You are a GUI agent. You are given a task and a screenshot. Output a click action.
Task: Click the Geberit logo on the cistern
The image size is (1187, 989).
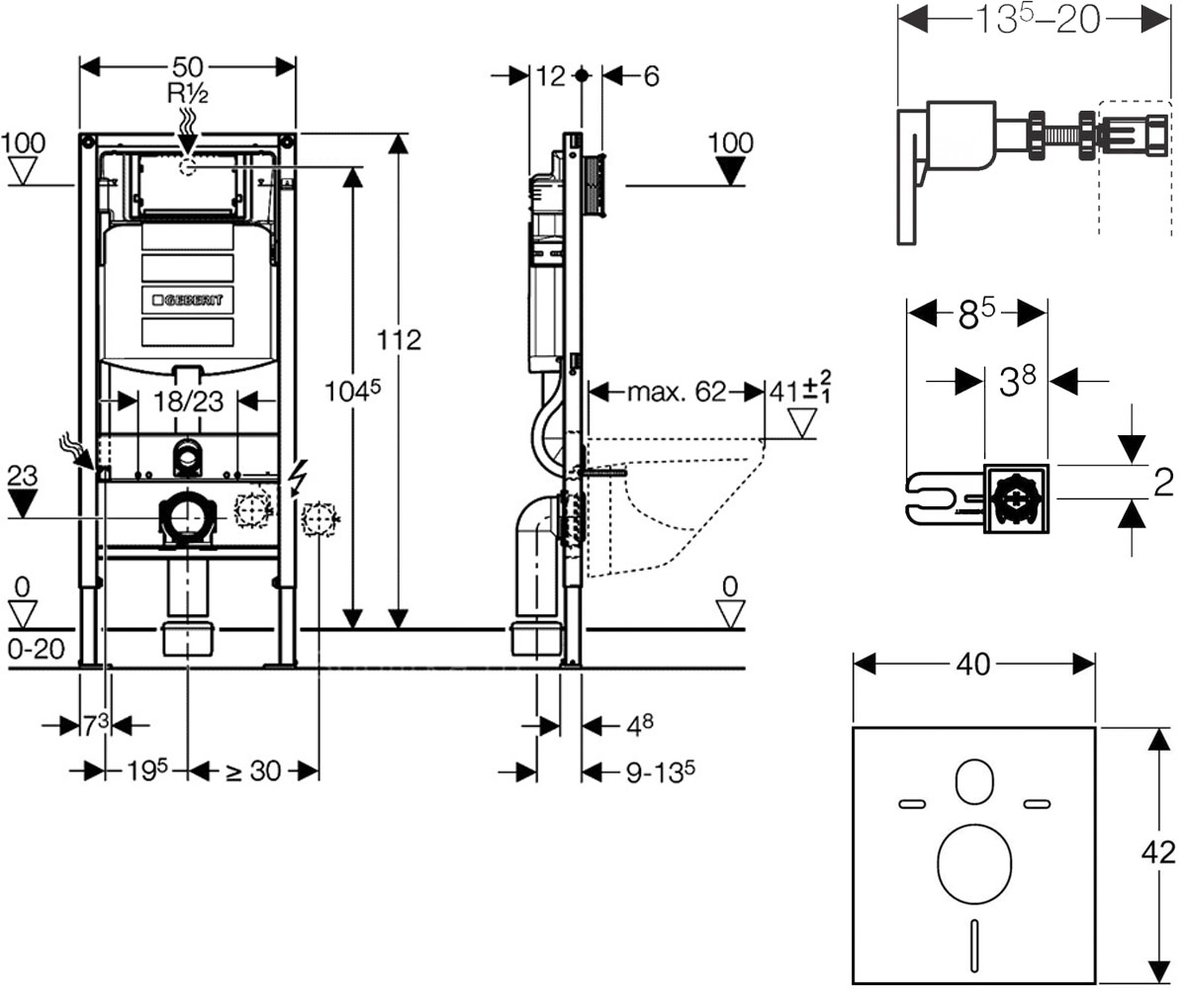click(x=188, y=300)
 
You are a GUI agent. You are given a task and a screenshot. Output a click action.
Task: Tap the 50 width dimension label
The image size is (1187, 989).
click(x=187, y=67)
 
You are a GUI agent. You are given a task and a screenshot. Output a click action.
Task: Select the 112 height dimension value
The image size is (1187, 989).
click(x=399, y=340)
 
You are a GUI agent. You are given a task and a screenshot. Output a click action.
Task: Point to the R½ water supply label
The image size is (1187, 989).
click(x=188, y=93)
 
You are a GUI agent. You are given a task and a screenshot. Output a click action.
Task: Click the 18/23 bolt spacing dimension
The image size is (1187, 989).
click(x=189, y=402)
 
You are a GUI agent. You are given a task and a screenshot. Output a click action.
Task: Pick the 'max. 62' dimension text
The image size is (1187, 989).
click(x=677, y=392)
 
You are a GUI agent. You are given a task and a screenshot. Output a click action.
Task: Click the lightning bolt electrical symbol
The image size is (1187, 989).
click(x=298, y=478)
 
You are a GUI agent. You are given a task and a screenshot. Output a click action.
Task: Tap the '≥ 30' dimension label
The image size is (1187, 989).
click(x=253, y=771)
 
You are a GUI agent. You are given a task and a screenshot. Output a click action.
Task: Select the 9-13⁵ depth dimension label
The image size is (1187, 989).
click(x=660, y=771)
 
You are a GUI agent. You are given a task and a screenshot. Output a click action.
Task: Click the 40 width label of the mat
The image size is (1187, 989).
click(x=973, y=664)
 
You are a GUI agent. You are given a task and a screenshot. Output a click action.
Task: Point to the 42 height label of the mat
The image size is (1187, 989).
click(x=1158, y=853)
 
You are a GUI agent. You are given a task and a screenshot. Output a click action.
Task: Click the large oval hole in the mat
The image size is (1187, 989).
click(x=974, y=864)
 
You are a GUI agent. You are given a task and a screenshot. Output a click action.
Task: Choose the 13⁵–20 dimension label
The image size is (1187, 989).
click(x=1038, y=21)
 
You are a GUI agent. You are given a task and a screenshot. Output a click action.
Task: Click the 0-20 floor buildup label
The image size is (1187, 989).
click(x=37, y=649)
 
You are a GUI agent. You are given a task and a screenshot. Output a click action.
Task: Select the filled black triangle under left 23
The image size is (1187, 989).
click(x=22, y=503)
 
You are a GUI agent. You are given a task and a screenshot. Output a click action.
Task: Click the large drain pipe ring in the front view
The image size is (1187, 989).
click(x=187, y=518)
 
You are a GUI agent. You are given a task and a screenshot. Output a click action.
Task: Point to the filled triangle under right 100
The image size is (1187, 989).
click(x=730, y=171)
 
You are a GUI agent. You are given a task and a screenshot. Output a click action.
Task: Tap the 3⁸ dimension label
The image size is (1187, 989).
click(x=1017, y=381)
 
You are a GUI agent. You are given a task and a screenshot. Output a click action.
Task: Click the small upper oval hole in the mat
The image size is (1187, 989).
click(x=974, y=782)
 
